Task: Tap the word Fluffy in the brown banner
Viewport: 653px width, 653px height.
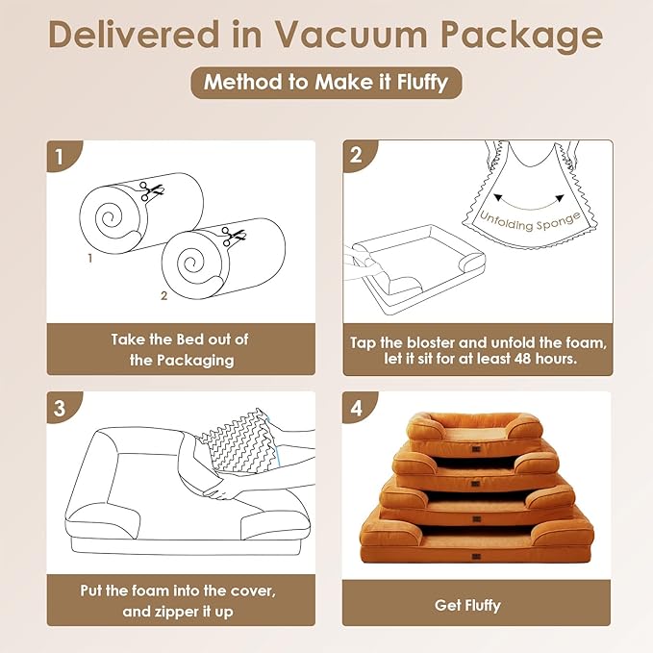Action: (x=422, y=83)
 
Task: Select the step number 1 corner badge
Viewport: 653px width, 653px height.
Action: (x=63, y=156)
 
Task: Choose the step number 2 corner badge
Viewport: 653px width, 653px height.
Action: (x=360, y=156)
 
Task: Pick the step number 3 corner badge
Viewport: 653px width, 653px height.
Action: (x=63, y=408)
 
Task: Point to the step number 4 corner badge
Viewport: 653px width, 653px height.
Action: (x=360, y=408)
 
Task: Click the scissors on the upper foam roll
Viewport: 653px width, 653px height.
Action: (x=151, y=191)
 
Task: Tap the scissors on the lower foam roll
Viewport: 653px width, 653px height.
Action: (x=233, y=237)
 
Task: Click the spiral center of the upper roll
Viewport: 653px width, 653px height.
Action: (x=109, y=216)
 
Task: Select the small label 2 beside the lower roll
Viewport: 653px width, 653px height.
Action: (x=164, y=295)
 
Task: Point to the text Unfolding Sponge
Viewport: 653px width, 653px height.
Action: (x=530, y=221)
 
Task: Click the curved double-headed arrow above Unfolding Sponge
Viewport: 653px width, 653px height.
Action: (x=529, y=204)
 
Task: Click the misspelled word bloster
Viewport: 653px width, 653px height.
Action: (x=431, y=342)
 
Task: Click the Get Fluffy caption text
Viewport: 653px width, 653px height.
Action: (x=467, y=606)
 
